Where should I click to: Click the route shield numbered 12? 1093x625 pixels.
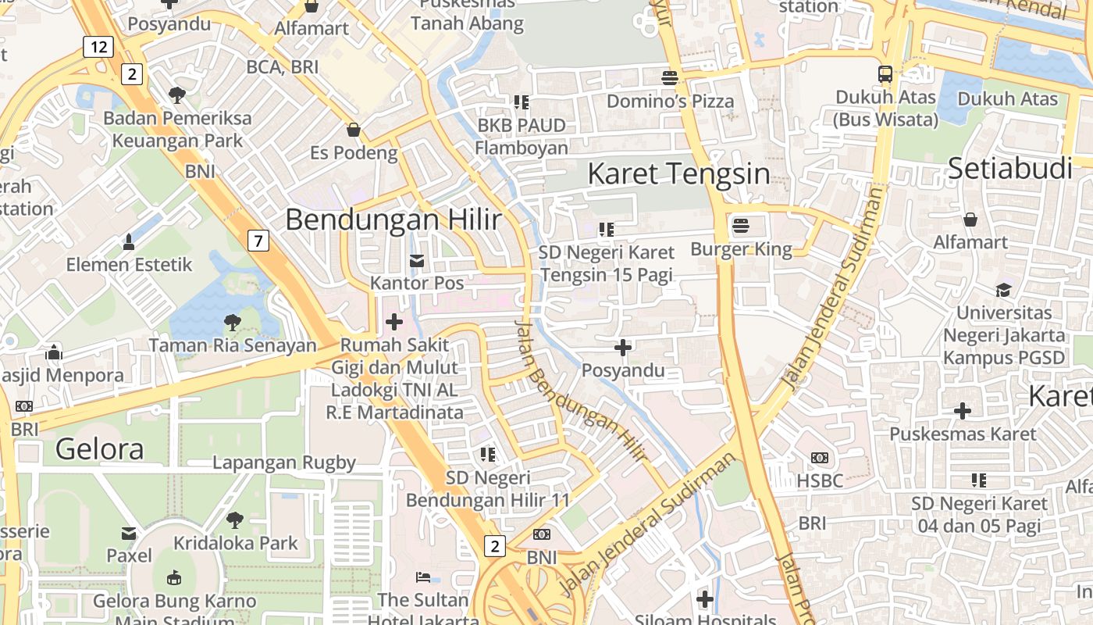pos(98,47)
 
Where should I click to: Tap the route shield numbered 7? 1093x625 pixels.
pos(258,241)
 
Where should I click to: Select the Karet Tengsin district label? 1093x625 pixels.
pos(678,173)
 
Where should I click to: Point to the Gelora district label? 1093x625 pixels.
pos(100,449)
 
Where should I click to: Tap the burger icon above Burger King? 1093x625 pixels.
pos(740,227)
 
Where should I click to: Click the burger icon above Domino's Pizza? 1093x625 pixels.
pos(670,77)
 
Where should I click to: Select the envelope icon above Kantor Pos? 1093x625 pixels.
pos(417,260)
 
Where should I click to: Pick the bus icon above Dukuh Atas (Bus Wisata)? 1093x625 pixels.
pos(885,74)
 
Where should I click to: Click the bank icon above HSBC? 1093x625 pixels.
pos(820,458)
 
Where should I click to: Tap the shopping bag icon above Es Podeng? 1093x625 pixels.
pos(354,129)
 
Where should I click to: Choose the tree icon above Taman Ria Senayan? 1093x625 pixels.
pos(233,321)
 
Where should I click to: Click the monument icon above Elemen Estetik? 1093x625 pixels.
pos(129,242)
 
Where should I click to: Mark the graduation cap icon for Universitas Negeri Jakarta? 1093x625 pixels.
pos(1003,290)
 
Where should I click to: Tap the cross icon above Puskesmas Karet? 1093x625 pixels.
pos(963,410)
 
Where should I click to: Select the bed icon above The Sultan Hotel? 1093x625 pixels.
pos(422,577)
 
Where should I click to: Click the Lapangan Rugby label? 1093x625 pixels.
pos(284,462)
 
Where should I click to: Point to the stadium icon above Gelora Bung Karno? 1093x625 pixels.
pos(174,578)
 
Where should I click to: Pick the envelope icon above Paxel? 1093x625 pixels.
pos(129,534)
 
